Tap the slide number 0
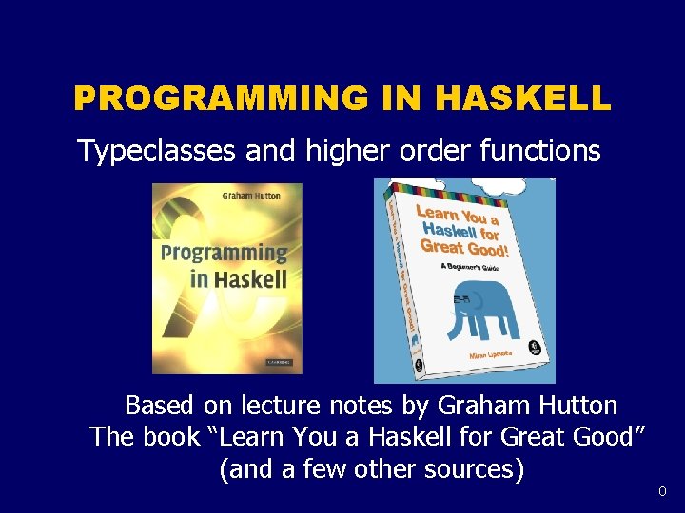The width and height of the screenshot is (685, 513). (x=663, y=491)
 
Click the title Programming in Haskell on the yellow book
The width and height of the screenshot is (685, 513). (x=225, y=266)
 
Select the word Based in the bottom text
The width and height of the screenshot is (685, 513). (x=160, y=406)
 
